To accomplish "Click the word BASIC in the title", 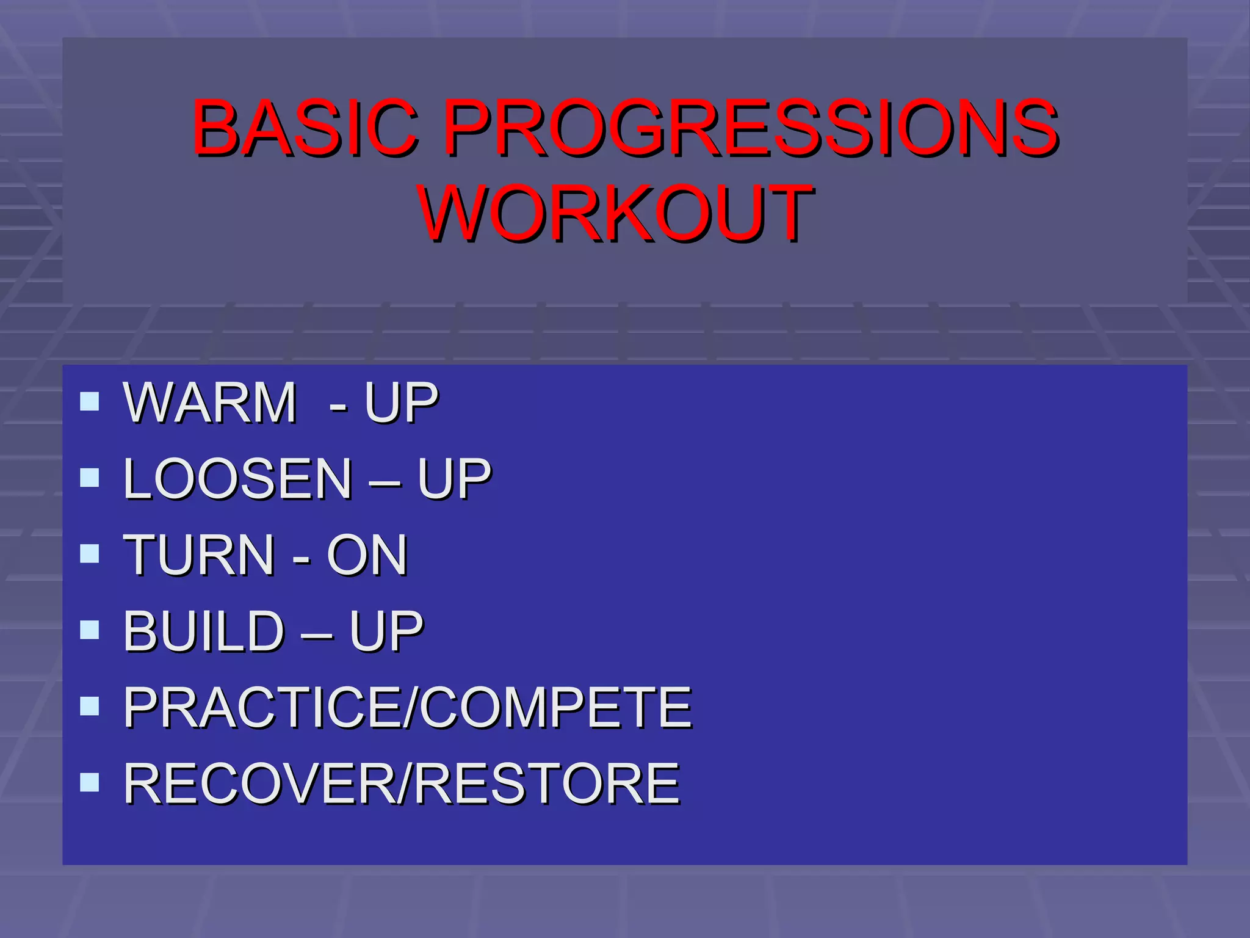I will [x=305, y=128].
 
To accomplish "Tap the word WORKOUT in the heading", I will [x=616, y=214].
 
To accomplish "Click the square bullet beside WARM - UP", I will [x=90, y=401].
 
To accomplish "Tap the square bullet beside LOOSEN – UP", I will [x=90, y=478].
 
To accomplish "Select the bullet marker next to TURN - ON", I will [x=90, y=554].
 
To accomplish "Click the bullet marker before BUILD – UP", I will [x=90, y=630].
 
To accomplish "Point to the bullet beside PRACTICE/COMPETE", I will [x=90, y=707].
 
